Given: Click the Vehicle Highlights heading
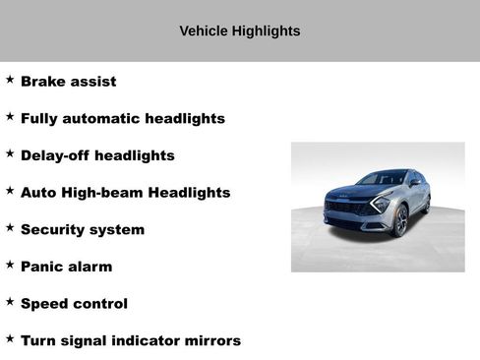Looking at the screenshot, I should click(240, 31).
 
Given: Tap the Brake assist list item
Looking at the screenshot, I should click(68, 82).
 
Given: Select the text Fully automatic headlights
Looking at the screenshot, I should click(122, 119).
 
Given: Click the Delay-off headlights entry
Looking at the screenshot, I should click(97, 155).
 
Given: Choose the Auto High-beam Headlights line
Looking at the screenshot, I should click(125, 193).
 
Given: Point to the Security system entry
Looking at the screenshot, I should click(82, 229).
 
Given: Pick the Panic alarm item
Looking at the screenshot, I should click(66, 267).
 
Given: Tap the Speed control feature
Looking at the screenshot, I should click(74, 304).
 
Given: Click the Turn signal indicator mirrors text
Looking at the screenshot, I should click(130, 340).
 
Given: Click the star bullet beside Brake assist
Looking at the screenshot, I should click(10, 80).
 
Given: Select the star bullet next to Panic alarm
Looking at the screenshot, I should click(10, 265).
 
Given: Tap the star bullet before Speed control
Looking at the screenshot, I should click(10, 302).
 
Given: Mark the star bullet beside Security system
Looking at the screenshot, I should click(10, 227).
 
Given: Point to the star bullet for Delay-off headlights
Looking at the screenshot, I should click(10, 153).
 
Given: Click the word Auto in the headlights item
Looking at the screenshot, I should click(36, 193).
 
